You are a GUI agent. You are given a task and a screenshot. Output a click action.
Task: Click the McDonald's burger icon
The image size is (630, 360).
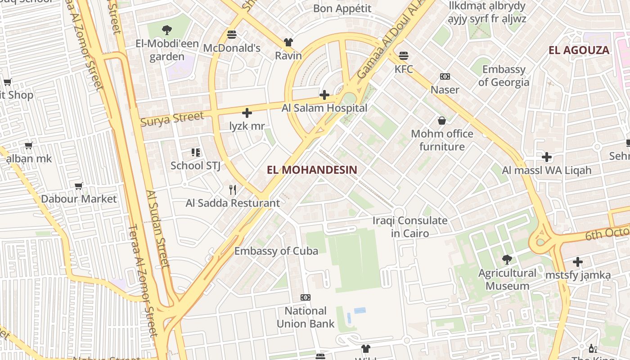232,35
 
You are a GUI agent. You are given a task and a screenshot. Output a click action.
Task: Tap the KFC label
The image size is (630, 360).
404,69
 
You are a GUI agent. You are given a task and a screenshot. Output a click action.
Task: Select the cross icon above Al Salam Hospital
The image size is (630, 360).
324,95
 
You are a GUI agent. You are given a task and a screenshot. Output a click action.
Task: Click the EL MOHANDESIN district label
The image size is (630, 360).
312,170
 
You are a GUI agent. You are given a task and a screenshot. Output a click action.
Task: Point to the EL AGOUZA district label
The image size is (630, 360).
579,50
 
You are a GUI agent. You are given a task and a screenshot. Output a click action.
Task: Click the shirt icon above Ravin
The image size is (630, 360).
288,43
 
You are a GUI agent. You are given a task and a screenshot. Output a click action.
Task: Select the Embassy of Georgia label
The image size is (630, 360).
504,76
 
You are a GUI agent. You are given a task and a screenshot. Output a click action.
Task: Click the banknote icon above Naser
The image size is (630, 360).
445,77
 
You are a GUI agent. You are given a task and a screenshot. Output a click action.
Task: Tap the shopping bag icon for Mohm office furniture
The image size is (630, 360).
442,121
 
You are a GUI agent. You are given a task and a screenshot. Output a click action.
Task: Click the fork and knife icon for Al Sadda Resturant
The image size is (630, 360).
233,190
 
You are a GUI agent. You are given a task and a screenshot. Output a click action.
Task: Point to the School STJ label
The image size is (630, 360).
195,166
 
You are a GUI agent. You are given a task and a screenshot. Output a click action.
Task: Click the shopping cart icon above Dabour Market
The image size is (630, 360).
79,186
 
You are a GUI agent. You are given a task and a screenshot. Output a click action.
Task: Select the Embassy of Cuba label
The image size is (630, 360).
276,251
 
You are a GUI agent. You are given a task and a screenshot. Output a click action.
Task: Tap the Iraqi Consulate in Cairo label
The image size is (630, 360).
410,227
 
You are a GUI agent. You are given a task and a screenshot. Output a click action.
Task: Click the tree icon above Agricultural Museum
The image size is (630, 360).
507,260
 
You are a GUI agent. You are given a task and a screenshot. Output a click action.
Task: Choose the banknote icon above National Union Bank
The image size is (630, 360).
306,297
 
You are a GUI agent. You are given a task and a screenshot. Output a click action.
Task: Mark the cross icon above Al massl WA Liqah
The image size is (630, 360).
547,157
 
